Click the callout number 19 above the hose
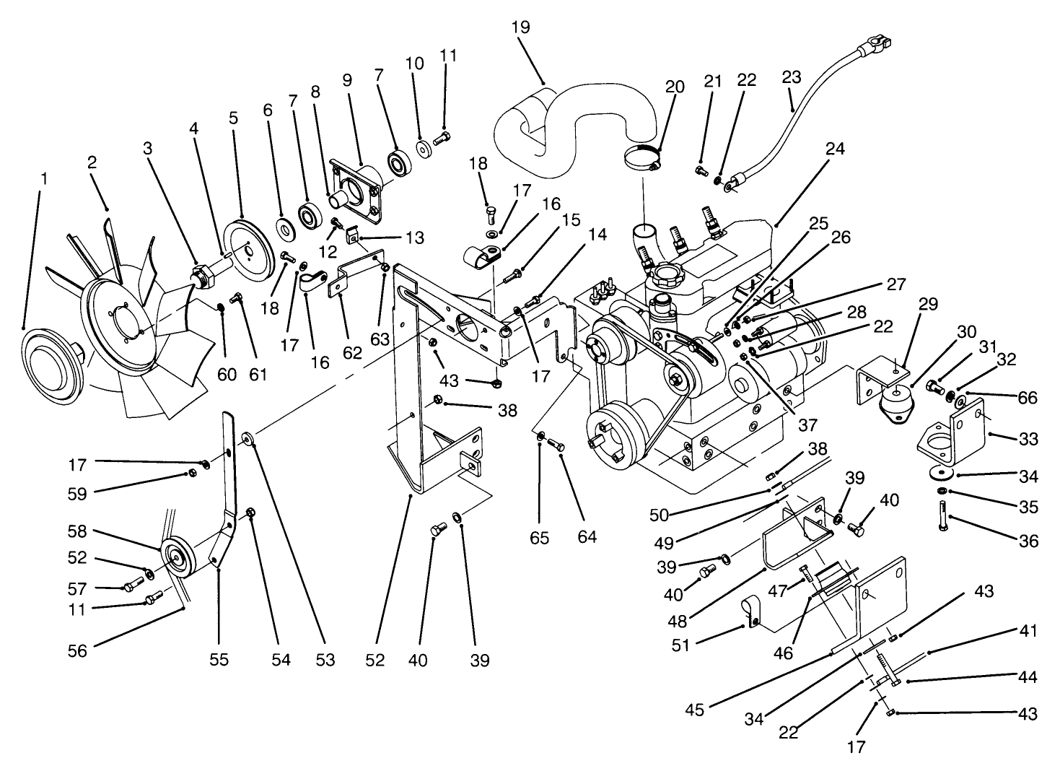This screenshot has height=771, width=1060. pyautogui.click(x=520, y=27)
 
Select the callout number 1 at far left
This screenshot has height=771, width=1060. pyautogui.click(x=43, y=177)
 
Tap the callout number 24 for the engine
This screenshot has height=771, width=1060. pyautogui.click(x=836, y=150)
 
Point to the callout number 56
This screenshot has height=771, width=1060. pyautogui.click(x=77, y=650)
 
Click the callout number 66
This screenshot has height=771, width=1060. pyautogui.click(x=1028, y=398)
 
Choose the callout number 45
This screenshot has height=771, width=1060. pyautogui.click(x=694, y=710)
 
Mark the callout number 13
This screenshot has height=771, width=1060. pyautogui.click(x=414, y=238)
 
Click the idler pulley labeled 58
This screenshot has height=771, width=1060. pyautogui.click(x=175, y=557)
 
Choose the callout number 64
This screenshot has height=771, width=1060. pyautogui.click(x=587, y=538)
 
